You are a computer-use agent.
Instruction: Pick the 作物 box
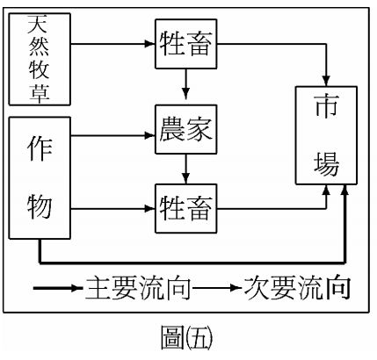[x=40, y=179]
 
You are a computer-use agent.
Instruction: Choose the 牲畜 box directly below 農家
[x=185, y=208]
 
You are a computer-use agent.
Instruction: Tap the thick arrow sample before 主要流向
[x=57, y=287]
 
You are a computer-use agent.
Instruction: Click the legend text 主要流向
[x=132, y=287]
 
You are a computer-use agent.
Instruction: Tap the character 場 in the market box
[x=327, y=162]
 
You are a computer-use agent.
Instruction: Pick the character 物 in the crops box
[x=40, y=209]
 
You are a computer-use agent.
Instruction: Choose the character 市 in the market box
[x=327, y=107]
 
